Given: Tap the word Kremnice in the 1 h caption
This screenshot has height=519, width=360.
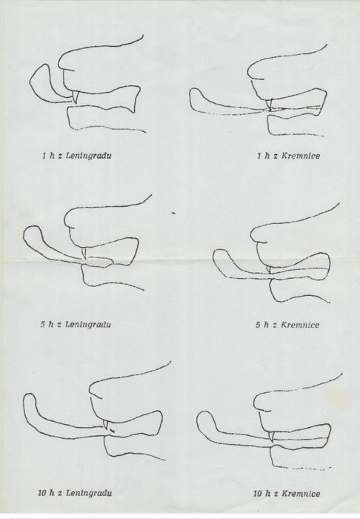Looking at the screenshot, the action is coord(301,156).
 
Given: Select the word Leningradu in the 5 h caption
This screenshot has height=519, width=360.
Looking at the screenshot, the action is coord(88,324).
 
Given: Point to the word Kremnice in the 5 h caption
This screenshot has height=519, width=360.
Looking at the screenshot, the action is coord(300,325).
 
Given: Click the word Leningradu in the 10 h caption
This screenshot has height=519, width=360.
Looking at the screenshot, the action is coord(89,493).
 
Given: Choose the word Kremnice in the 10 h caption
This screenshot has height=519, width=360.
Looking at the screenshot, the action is coord(301,494).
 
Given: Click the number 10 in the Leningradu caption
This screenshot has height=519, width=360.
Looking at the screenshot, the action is coord(42,493).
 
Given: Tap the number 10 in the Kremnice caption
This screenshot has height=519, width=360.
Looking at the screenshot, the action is coord(258,494).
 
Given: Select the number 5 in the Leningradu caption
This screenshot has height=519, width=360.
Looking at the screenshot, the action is coord(43,325).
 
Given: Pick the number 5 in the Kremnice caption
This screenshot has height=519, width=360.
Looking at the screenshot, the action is coord(258,325).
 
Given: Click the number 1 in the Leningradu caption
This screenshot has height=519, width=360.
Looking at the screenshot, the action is coord(44,156).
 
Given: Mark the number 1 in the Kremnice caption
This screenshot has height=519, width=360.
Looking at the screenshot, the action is coord(259,156).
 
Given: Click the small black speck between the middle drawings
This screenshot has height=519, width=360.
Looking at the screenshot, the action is coord(173,214).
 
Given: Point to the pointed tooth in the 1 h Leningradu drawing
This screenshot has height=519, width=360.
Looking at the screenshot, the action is coord(76,97).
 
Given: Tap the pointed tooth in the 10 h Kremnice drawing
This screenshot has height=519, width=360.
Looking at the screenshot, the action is coord(272,436).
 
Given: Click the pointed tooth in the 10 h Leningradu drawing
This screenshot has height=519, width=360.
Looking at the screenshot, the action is coord(106,424).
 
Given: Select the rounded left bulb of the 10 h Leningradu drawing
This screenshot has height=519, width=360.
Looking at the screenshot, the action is coord(30,405).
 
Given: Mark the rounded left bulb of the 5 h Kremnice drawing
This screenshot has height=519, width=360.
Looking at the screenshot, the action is coord(221,258).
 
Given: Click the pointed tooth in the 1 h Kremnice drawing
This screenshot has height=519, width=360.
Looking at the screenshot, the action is coord(270,105).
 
